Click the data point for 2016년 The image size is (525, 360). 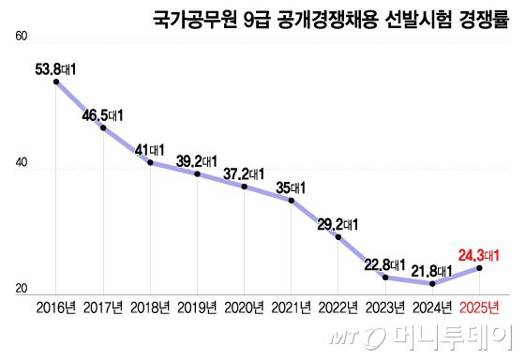click(56, 82)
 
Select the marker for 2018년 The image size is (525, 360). click(150, 163)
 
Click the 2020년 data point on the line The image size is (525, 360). click(245, 187)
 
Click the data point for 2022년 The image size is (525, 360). click(338, 236)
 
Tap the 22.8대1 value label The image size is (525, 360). click(384, 263)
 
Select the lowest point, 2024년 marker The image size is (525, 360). click(432, 283)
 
